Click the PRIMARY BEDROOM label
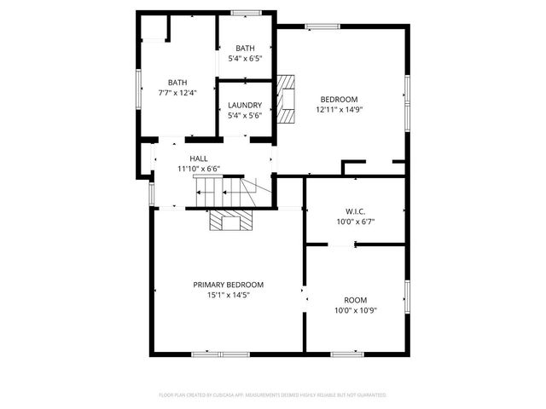point(228,285)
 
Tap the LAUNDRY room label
point(245,106)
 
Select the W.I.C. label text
point(355,211)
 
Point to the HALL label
point(198,158)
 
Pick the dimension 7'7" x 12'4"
point(177,92)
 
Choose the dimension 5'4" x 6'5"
point(245,59)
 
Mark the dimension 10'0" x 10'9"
point(355,310)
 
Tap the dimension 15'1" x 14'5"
point(228,295)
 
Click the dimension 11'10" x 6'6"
point(198,169)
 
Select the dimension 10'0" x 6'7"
point(355,222)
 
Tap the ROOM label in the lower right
point(355,300)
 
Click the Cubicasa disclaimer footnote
point(273,395)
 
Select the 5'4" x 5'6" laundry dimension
point(245,116)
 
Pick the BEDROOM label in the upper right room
point(339,99)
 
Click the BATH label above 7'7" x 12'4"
point(177,82)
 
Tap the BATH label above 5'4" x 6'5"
point(245,49)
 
